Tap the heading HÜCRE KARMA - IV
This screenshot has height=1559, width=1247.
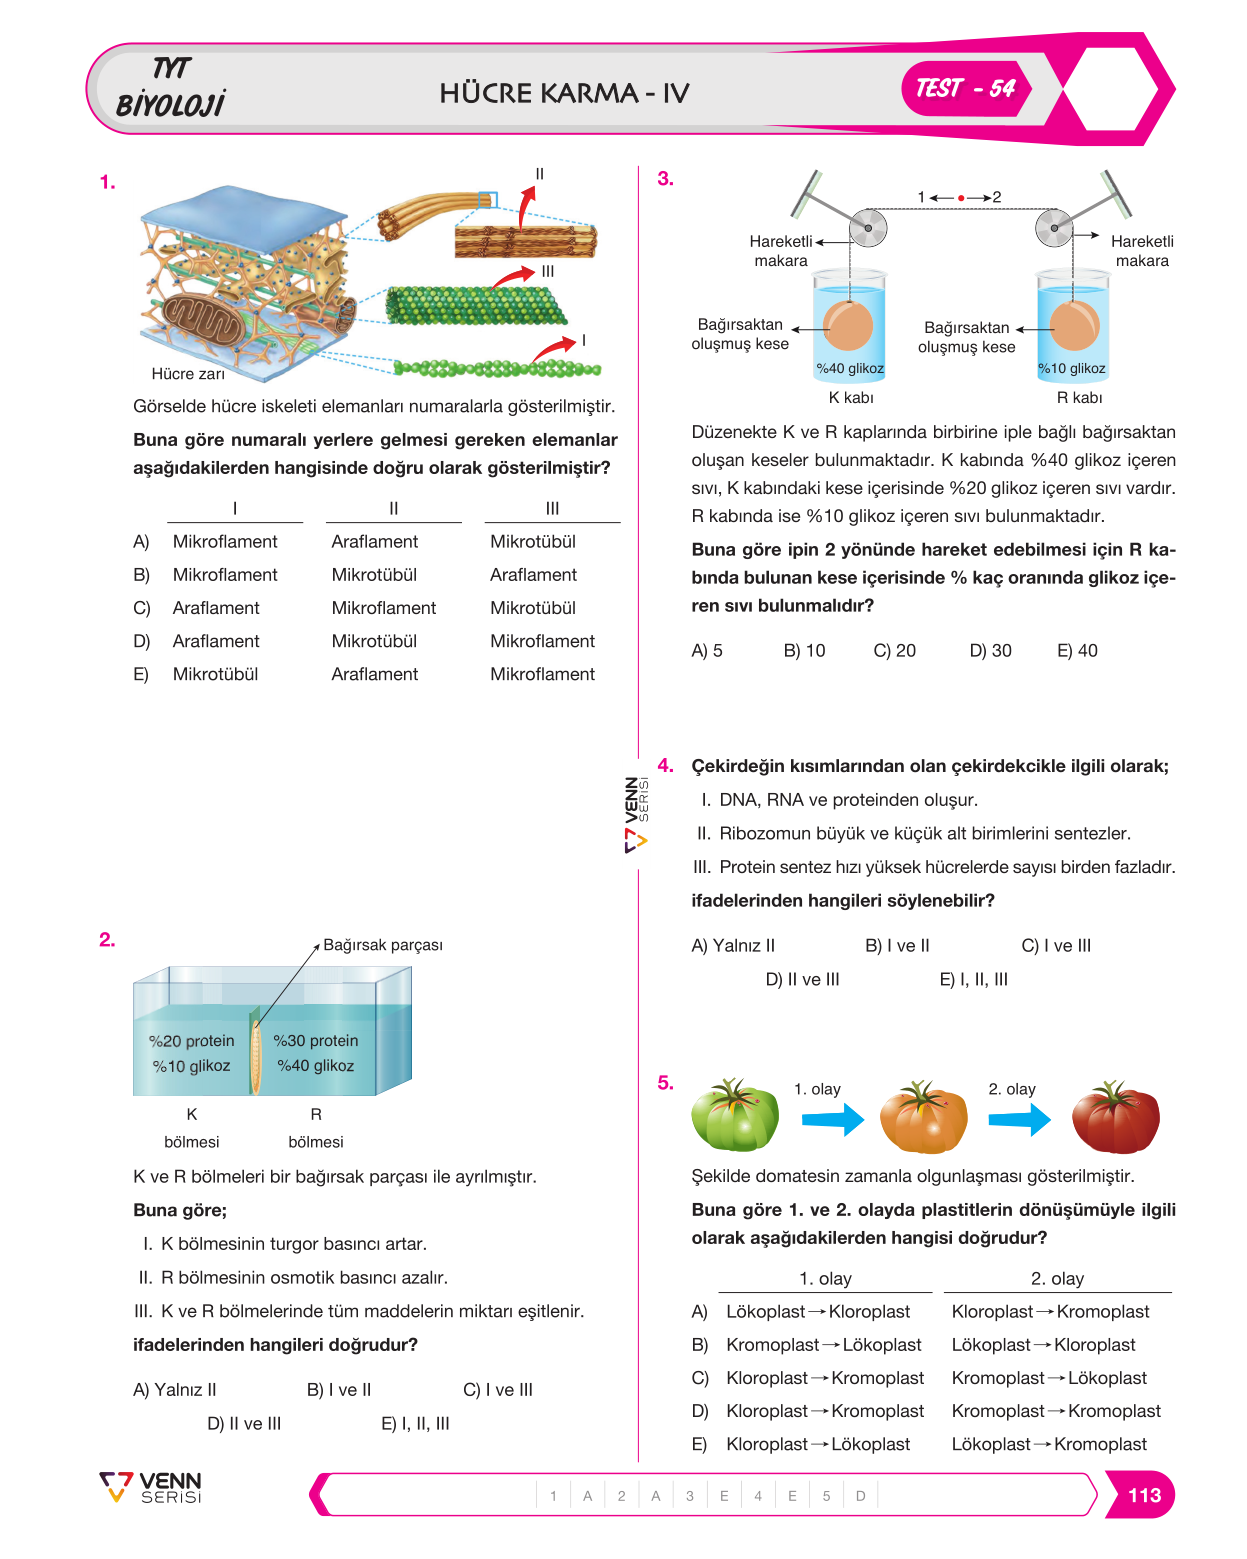coord(564,93)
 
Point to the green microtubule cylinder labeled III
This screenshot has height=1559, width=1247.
coord(475,305)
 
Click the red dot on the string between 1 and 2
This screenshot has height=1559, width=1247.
coord(961,197)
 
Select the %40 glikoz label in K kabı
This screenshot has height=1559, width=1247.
coord(850,368)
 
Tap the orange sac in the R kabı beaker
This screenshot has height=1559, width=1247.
coord(1074,325)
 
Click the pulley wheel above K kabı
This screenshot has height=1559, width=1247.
coord(867,228)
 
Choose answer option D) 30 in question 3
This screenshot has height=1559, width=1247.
coord(990,651)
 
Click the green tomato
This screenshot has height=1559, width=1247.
coord(735,1116)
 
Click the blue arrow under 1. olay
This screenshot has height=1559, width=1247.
coord(833,1119)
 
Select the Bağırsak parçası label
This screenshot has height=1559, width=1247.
coord(383,945)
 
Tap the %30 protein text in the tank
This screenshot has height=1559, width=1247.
coord(315,1040)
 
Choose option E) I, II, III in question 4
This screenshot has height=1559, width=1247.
coord(973,979)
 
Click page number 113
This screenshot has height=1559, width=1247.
coord(1143,1495)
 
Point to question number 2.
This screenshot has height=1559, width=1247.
coord(107,940)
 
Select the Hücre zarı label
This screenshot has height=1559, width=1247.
coord(188,374)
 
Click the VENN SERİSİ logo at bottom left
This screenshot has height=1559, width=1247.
coord(150,1488)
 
